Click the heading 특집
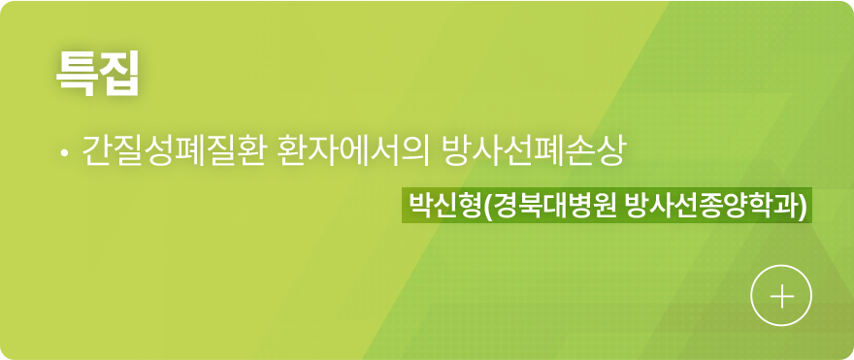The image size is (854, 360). pos(98,74)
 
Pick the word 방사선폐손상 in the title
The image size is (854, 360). pos(535,152)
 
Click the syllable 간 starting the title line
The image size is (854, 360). pos(97,152)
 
